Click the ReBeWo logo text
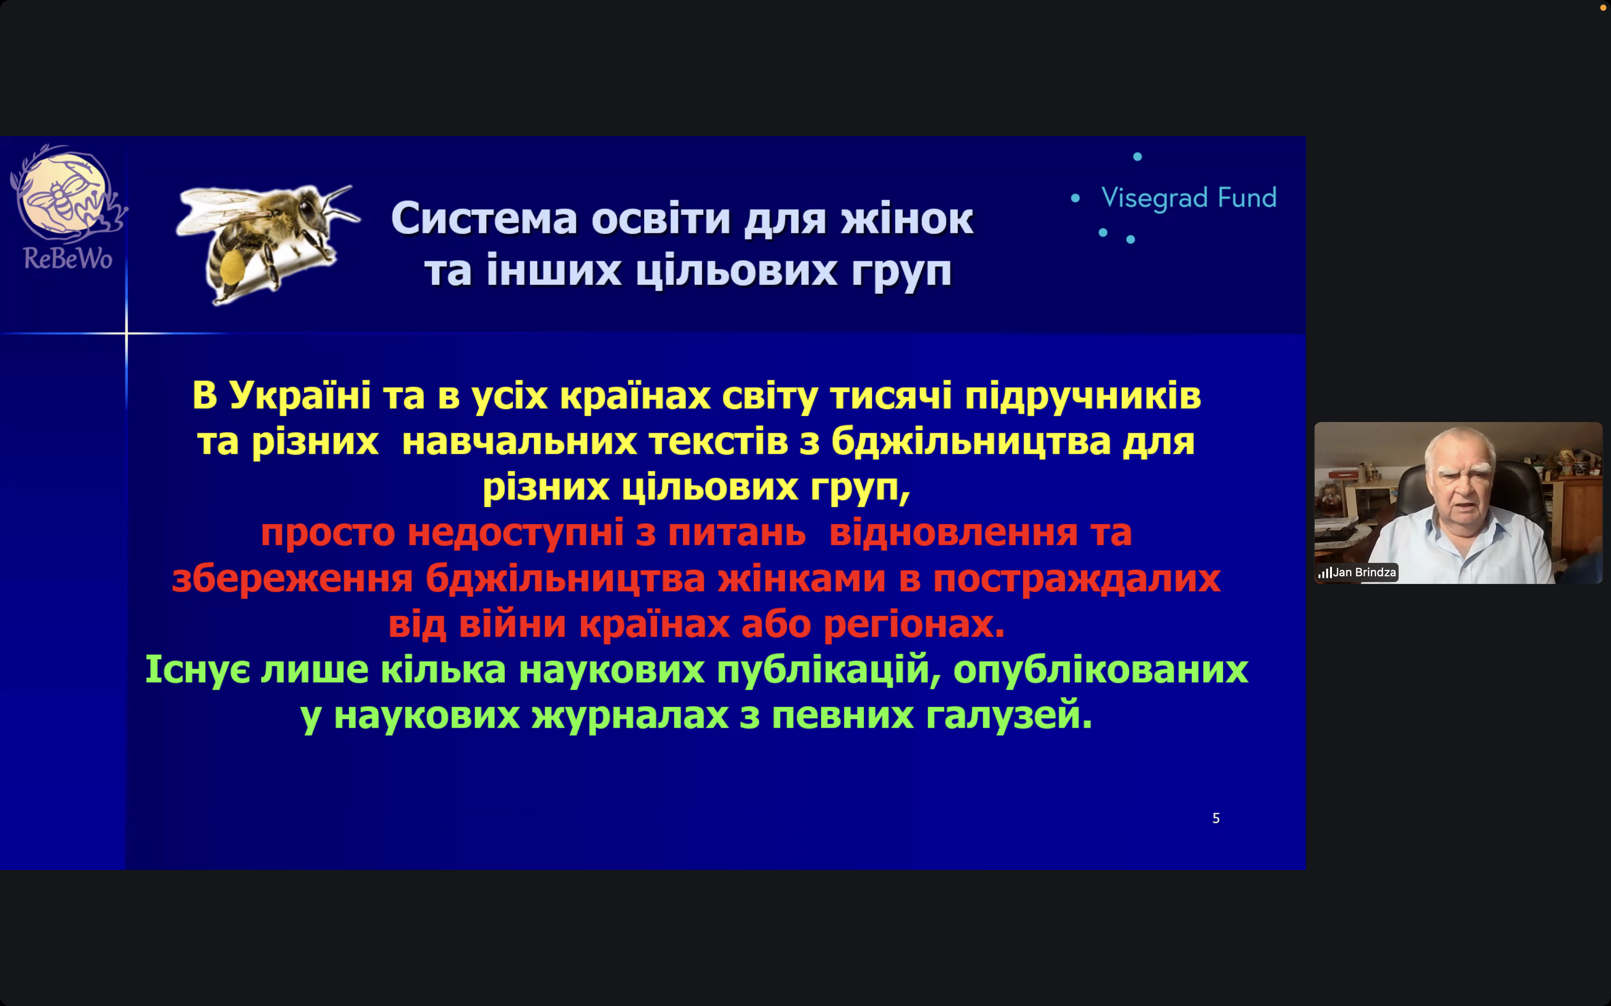tap(68, 258)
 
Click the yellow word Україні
tap(300, 395)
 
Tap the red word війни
tap(513, 624)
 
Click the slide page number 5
tap(1216, 818)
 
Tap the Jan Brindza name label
tap(1364, 572)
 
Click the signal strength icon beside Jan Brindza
tap(1325, 573)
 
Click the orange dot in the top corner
tap(1603, 7)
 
